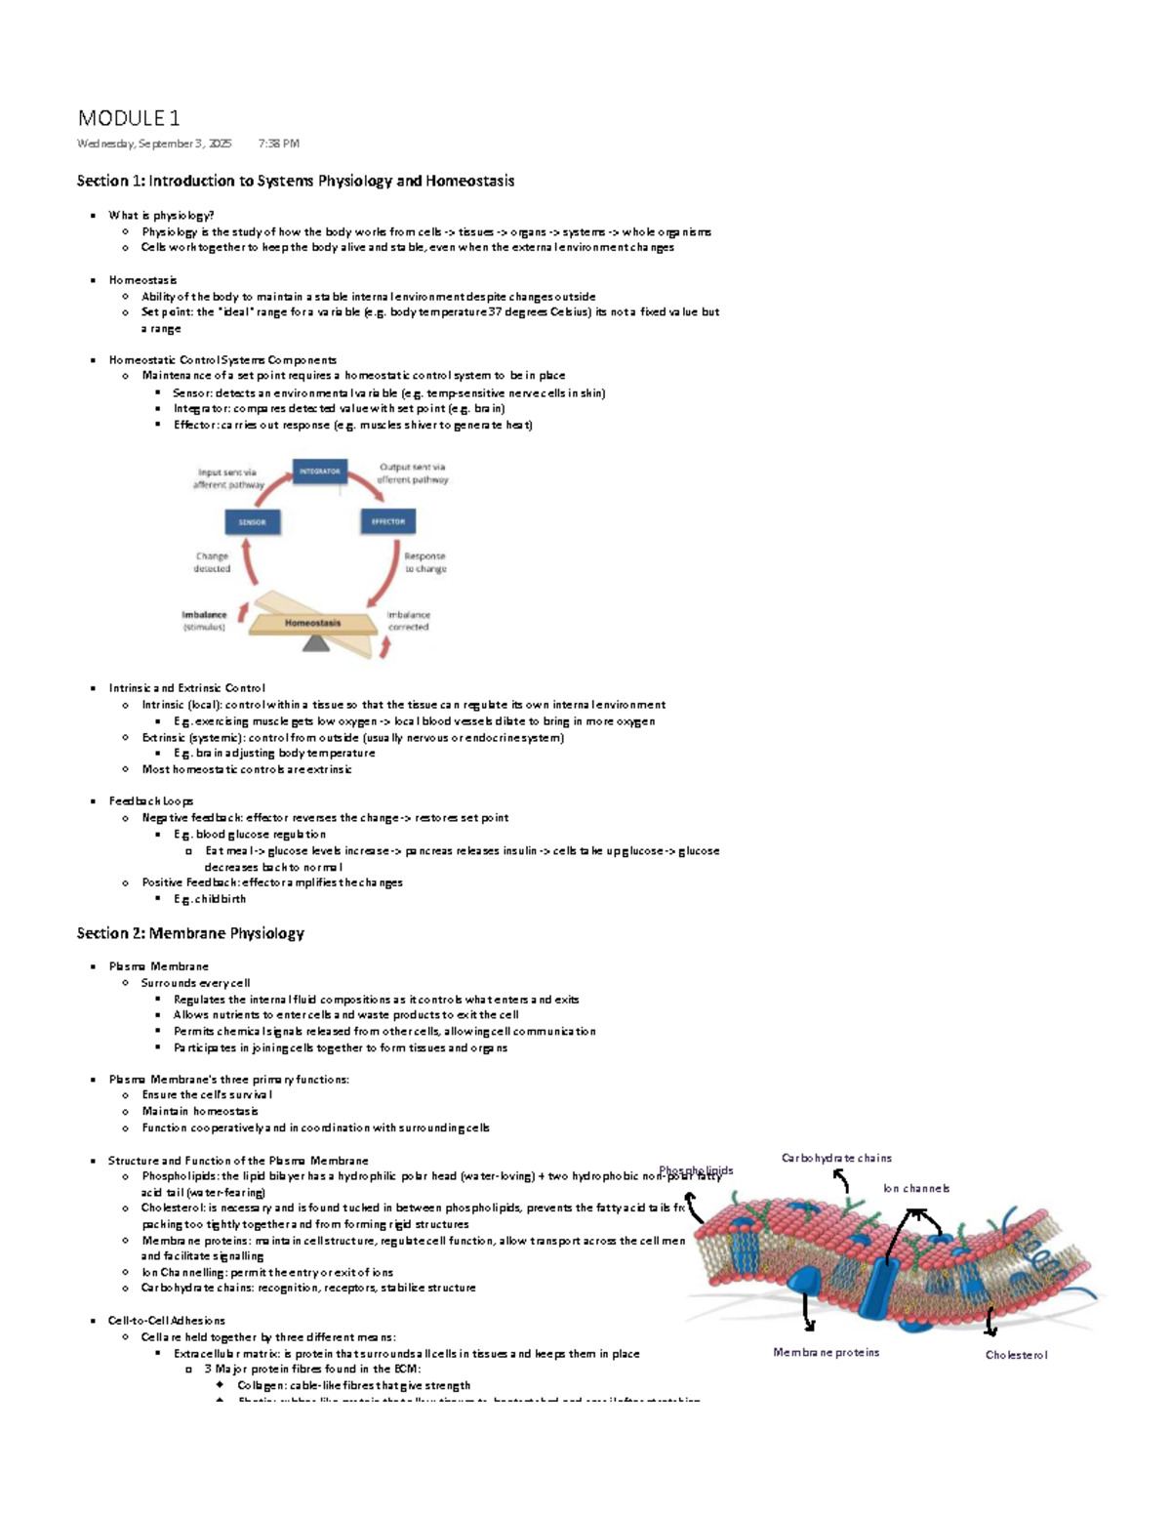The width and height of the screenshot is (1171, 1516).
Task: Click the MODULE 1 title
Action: [129, 118]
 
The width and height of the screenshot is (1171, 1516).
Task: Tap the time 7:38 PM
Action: [279, 143]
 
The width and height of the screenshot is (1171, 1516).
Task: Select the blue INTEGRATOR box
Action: [320, 471]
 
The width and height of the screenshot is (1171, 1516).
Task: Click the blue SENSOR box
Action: [252, 522]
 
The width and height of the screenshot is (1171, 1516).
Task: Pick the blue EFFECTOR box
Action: [387, 521]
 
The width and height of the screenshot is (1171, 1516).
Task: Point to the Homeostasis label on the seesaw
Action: [312, 623]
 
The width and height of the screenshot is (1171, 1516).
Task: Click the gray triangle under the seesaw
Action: [315, 643]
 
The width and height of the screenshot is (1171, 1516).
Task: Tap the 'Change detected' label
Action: [212, 562]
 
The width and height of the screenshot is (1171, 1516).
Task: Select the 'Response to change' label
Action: [425, 562]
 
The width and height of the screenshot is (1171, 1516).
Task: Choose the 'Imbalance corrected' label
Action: [408, 621]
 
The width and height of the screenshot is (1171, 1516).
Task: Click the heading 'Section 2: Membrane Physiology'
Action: [190, 933]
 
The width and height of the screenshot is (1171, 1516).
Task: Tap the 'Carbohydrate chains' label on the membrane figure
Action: [836, 1158]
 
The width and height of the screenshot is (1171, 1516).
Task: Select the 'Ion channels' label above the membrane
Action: [915, 1188]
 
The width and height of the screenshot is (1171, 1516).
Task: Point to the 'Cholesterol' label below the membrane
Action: [1016, 1355]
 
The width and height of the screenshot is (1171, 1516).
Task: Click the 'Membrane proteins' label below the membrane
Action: [826, 1352]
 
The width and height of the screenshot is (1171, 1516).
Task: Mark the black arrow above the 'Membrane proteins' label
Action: [807, 1313]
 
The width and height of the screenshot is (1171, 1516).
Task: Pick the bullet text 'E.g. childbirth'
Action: [210, 899]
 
